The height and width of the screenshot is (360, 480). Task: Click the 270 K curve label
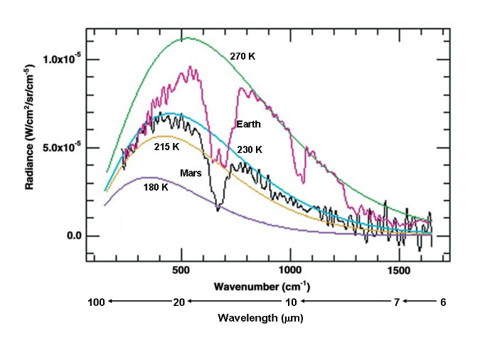(242, 55)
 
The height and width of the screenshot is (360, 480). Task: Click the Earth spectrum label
(248, 125)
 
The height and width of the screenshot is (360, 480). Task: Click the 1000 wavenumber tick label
(290, 271)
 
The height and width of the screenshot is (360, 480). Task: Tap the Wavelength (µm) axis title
(261, 318)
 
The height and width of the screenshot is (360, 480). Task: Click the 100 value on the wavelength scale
(97, 302)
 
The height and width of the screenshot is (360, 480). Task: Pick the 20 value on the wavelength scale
(180, 302)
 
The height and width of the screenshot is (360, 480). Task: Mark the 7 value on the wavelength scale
(397, 302)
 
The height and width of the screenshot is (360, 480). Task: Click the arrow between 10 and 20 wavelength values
(235, 302)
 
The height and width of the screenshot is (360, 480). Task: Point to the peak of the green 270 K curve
(184, 38)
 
